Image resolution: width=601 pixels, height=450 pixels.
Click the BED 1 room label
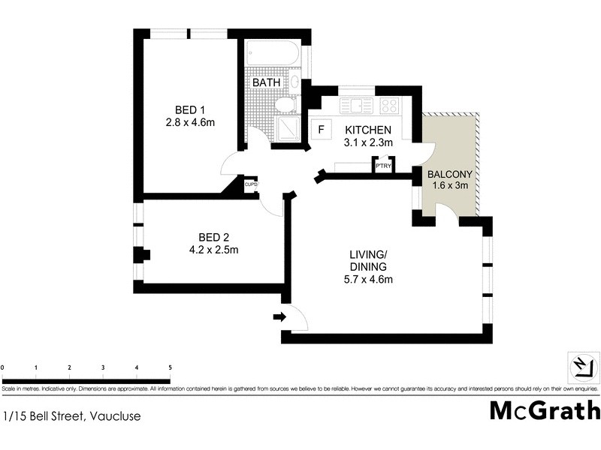(x=190, y=108)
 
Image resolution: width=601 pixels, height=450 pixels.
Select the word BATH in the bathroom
(x=267, y=82)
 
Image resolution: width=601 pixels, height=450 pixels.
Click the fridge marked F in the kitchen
(x=321, y=130)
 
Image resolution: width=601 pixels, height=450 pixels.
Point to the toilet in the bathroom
(x=285, y=103)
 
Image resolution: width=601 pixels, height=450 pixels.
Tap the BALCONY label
(x=448, y=175)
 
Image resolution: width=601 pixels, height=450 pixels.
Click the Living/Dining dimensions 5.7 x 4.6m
(x=367, y=280)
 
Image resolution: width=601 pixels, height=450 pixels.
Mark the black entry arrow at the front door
(x=279, y=317)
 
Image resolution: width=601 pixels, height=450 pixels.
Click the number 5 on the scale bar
(x=170, y=367)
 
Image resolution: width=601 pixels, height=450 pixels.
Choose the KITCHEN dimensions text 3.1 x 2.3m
(x=368, y=142)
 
